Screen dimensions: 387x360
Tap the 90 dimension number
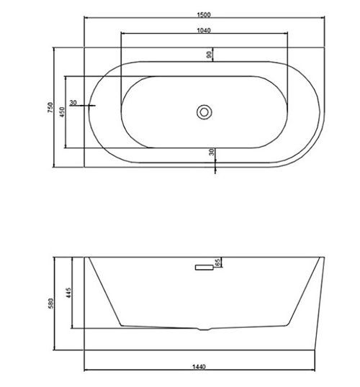click(210, 55)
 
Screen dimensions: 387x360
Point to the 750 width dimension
click(50, 107)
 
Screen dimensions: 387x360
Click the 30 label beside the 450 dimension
click(74, 101)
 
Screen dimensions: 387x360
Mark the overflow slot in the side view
click(203, 267)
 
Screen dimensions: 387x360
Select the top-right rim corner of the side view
click(318, 257)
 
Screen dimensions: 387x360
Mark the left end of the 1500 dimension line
click(86, 17)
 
